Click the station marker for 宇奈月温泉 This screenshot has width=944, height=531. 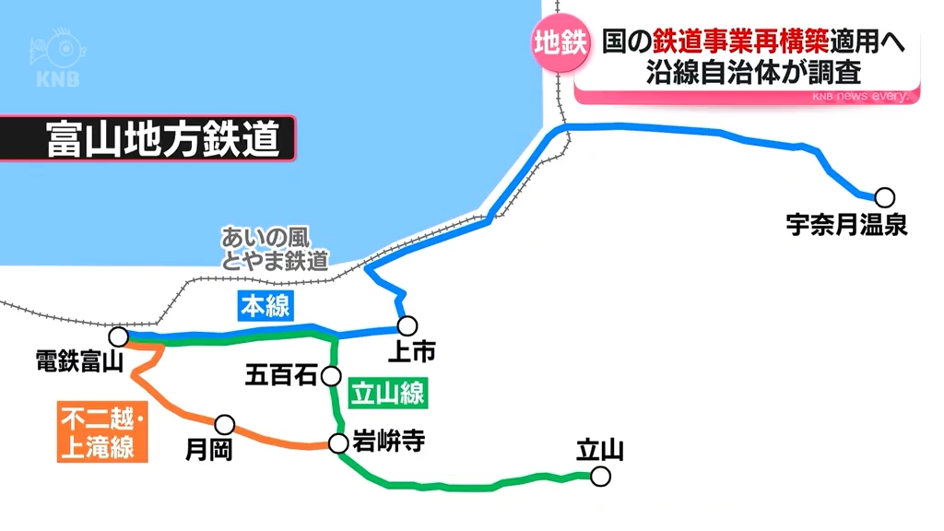point(885,196)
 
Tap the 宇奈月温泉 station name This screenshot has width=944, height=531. point(846,223)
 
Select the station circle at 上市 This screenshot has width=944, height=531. point(407,325)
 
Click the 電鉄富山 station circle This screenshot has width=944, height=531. point(119,336)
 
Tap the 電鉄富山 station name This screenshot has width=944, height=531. point(78,360)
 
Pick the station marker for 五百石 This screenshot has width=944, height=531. point(333,375)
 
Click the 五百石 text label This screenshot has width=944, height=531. point(281,375)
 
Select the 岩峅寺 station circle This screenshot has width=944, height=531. point(338,443)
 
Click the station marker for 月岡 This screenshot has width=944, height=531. point(224,424)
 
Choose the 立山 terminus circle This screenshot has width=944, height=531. point(601,477)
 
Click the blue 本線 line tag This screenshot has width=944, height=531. point(265,306)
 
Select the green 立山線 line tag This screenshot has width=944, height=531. point(388,394)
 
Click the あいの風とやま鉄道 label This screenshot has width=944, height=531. point(274,249)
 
